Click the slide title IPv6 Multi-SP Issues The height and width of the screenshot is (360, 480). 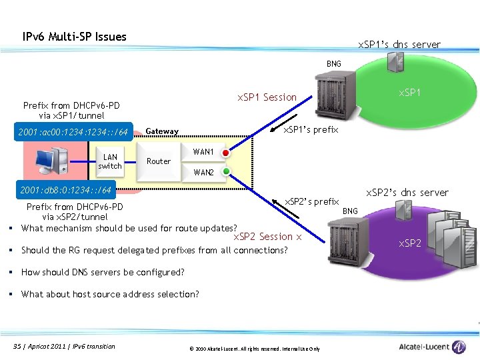74,37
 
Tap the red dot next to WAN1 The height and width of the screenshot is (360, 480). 226,153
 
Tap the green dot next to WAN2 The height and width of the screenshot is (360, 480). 226,171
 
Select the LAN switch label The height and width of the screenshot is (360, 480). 110,162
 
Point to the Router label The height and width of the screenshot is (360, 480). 159,161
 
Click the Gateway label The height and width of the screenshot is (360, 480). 162,131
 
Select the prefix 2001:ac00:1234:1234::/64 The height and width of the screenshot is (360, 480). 74,131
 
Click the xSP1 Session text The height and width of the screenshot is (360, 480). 267,97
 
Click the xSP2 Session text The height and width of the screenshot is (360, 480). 267,237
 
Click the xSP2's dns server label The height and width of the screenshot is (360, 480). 407,193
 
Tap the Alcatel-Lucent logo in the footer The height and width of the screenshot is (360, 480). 433,347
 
